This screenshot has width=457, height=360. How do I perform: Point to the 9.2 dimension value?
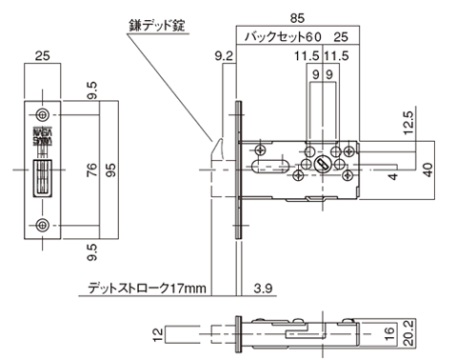tap(223, 57)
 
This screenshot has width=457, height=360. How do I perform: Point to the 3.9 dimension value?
tap(264, 287)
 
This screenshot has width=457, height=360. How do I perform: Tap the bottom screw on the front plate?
tap(41, 226)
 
